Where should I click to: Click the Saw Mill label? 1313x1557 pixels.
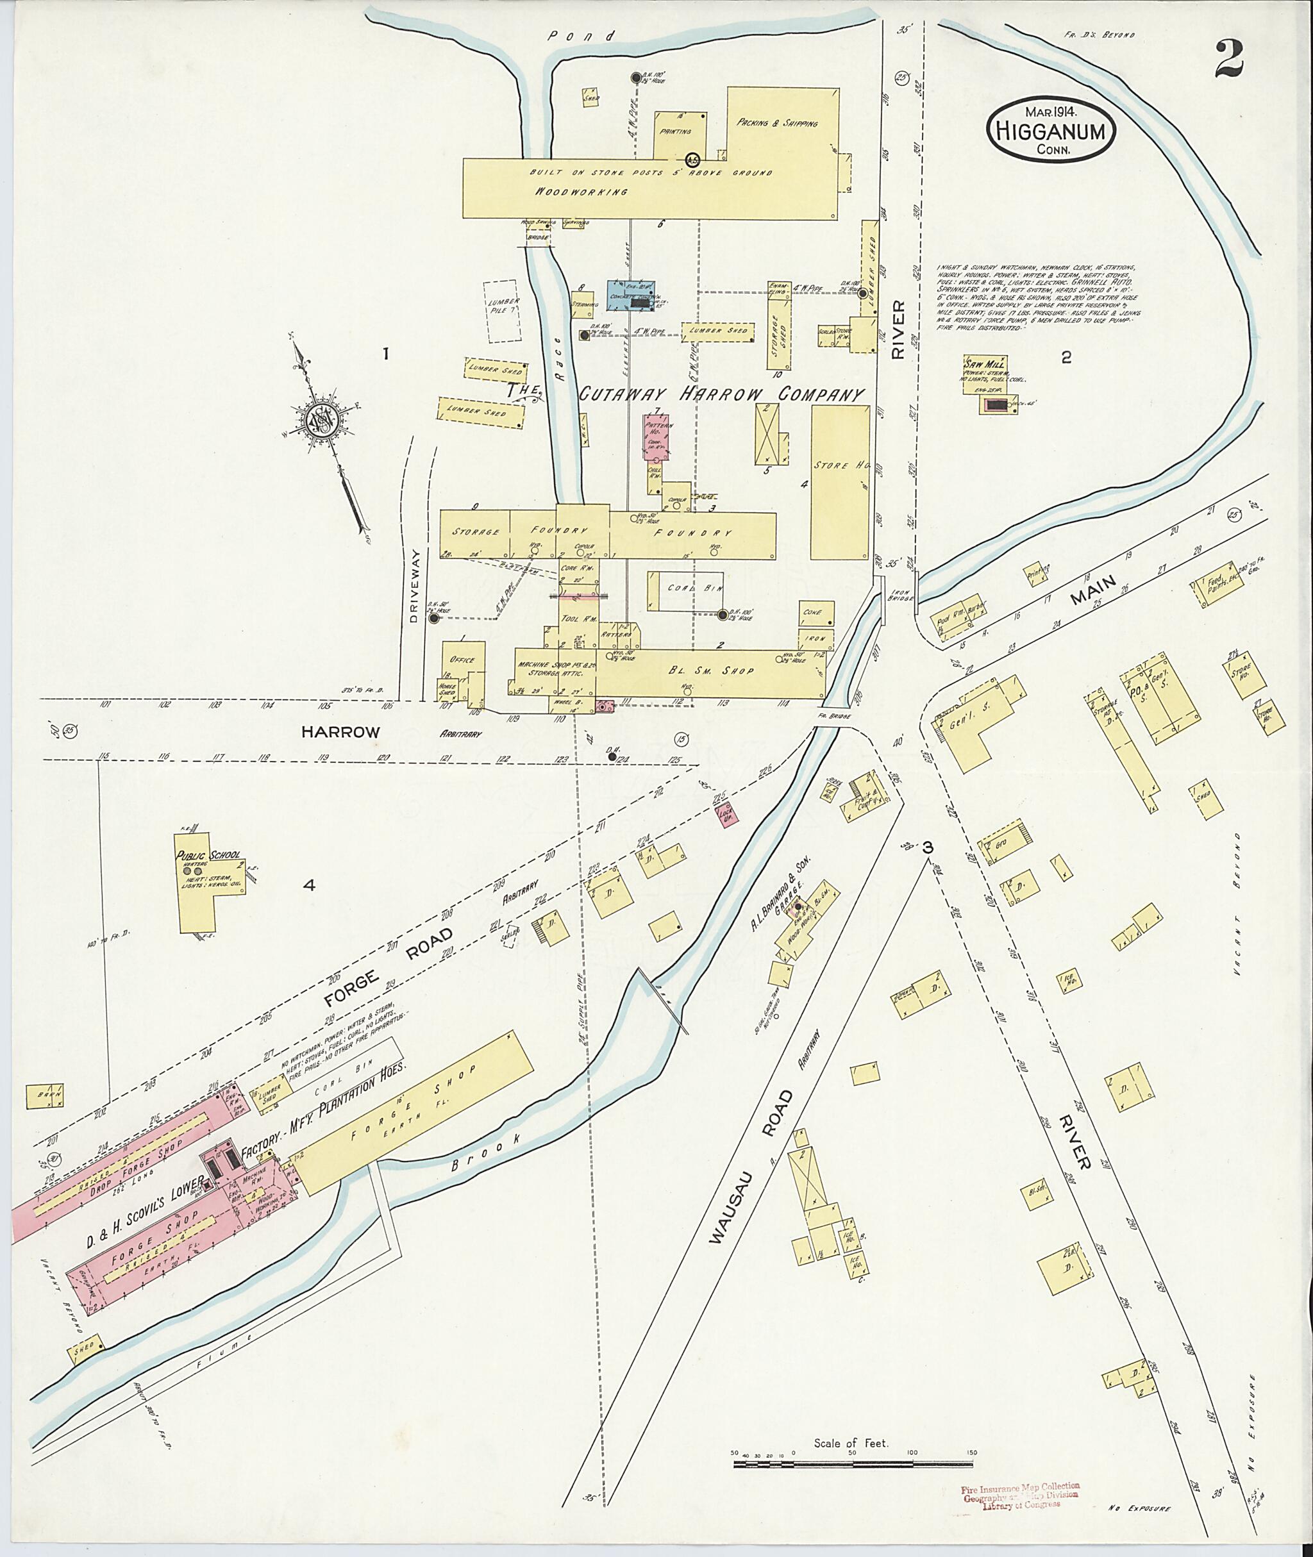985,365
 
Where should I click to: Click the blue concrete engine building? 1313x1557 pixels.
631,296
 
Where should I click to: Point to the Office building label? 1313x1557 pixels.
462,660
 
